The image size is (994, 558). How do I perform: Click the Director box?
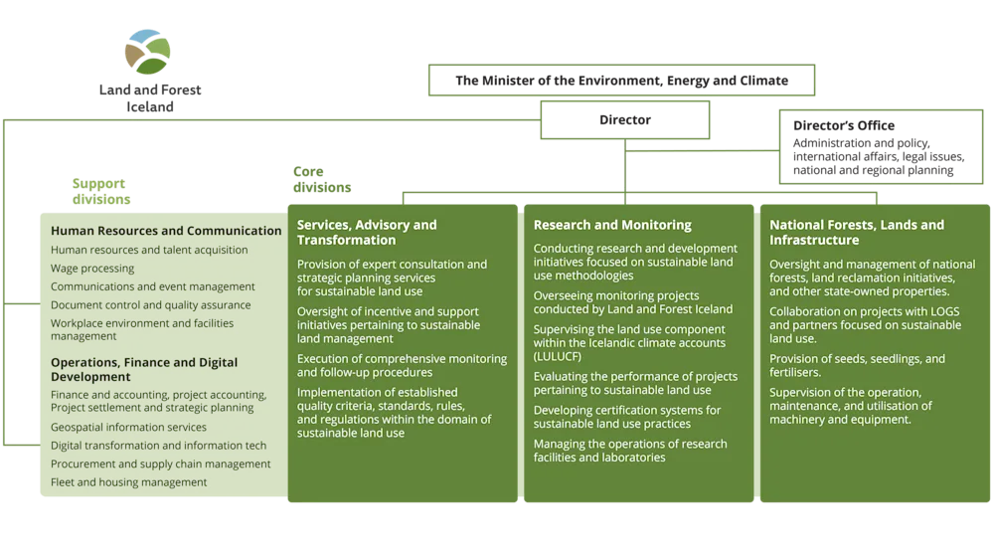625,118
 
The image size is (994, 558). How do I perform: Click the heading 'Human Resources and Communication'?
166,231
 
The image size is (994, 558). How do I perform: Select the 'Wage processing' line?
92,269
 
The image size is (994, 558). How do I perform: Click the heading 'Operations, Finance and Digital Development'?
144,370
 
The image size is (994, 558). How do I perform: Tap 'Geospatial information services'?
129,428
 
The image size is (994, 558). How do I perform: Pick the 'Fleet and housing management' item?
129,482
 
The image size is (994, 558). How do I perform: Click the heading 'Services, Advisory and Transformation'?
367,232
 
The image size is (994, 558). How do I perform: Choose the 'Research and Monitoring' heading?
612,225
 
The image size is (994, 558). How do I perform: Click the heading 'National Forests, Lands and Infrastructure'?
857,232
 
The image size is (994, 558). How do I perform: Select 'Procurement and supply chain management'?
161,465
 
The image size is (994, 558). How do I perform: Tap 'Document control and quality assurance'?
151,305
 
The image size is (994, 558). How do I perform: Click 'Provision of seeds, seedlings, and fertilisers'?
857,365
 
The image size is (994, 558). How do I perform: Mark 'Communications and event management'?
150,287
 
